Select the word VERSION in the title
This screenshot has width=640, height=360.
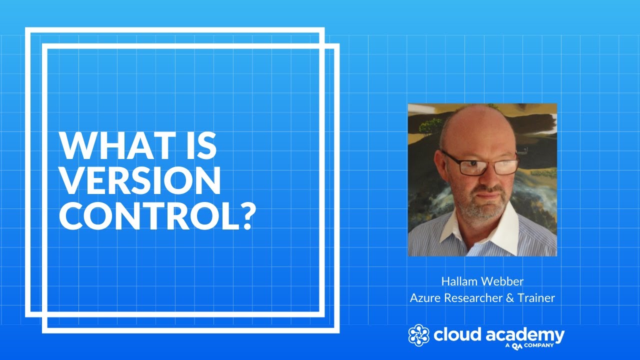point(140,180)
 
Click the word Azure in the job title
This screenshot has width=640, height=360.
point(424,298)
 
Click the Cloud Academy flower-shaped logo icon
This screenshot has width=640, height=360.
point(419,335)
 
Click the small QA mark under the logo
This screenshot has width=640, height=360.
point(517,345)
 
